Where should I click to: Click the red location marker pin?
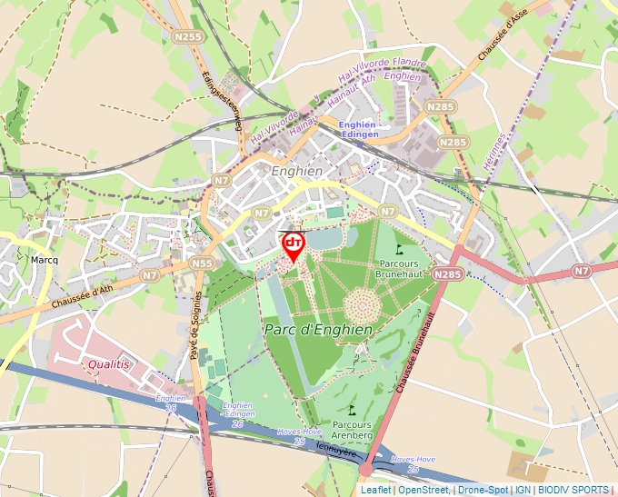[294, 246]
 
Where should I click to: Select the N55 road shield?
[203, 263]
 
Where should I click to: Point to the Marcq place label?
[45, 260]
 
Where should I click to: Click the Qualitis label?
[110, 363]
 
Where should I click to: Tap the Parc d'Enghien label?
[318, 329]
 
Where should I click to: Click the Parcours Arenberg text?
[353, 430]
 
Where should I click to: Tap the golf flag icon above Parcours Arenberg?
[352, 411]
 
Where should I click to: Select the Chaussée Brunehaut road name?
[414, 354]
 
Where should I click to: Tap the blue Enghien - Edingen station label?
[358, 129]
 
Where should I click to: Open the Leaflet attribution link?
[375, 490]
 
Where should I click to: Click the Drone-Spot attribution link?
[483, 490]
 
